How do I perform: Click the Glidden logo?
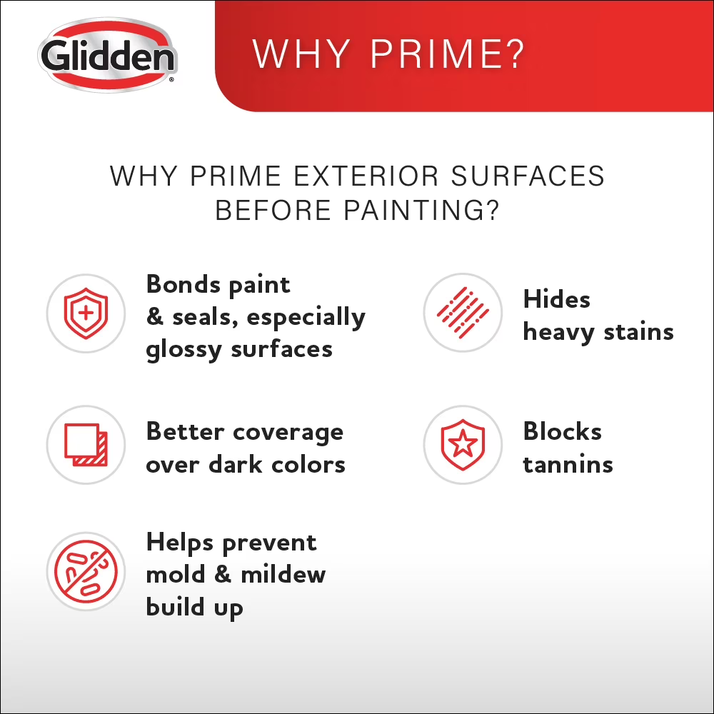tap(108, 55)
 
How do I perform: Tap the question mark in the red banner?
tap(513, 54)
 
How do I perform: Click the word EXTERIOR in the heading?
tap(366, 176)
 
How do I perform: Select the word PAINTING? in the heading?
tap(421, 210)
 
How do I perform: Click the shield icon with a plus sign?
tap(86, 313)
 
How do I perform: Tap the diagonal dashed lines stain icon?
tap(463, 313)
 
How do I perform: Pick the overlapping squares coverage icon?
tap(86, 444)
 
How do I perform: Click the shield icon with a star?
tap(463, 444)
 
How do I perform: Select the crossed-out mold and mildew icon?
tap(86, 571)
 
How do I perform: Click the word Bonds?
tap(183, 284)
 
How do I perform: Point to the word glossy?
tap(183, 351)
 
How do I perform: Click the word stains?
tap(638, 332)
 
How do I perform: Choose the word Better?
tap(186, 431)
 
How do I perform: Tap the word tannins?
tap(568, 465)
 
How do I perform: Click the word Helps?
tap(180, 543)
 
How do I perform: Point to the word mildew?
tap(283, 574)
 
